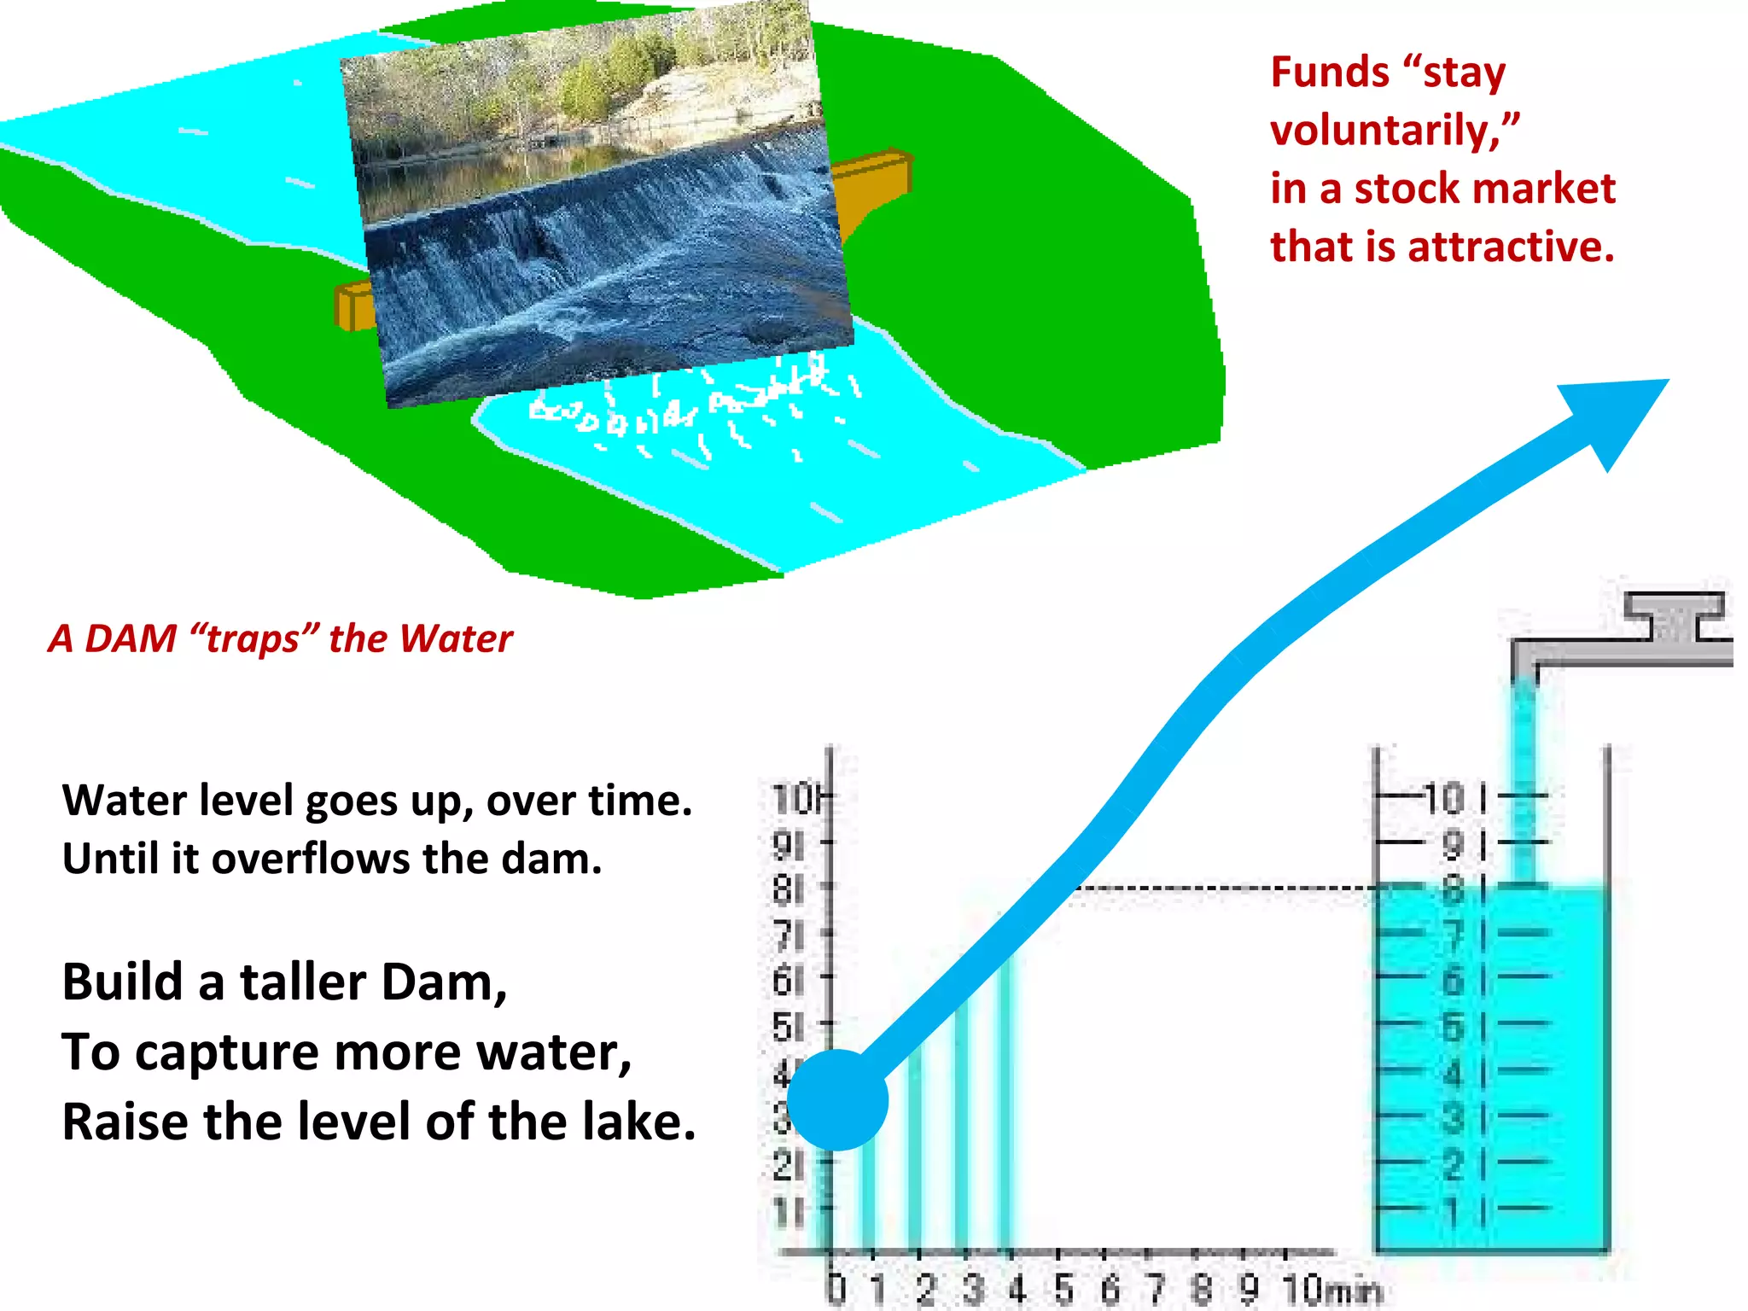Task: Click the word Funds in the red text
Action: [x=1329, y=72]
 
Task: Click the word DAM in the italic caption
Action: [x=131, y=638]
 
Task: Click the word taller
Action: [x=303, y=982]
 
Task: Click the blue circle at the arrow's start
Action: [x=837, y=1099]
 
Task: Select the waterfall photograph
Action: [x=597, y=205]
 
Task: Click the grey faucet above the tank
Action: [x=1622, y=636]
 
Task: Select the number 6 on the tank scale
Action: [x=1453, y=980]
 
